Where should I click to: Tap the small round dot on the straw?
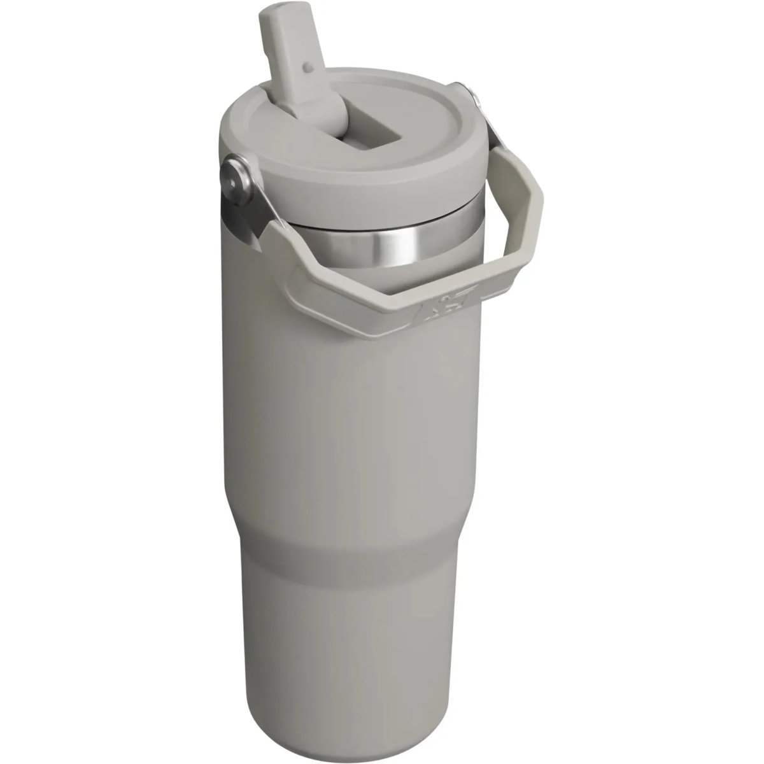308,66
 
